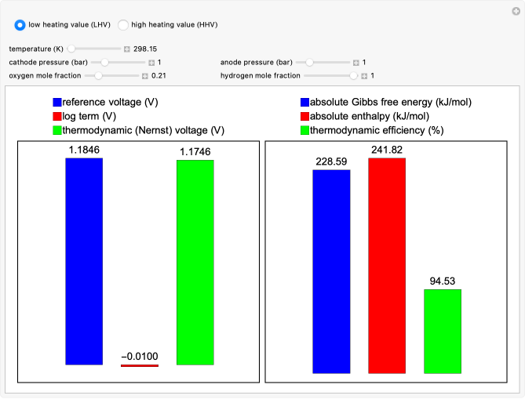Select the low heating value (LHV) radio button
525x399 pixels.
point(20,25)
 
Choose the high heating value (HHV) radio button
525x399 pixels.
point(123,25)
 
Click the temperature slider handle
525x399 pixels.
point(71,49)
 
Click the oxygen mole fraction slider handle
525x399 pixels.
point(99,76)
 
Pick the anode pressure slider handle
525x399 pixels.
point(310,62)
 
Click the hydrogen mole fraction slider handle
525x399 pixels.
point(354,76)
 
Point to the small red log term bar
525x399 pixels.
point(140,365)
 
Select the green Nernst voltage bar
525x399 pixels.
point(195,262)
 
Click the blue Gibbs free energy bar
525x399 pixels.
point(331,271)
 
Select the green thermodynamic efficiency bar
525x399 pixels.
point(443,331)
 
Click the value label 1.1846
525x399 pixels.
point(84,150)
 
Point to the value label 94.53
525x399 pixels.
point(443,281)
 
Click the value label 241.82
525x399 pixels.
point(387,149)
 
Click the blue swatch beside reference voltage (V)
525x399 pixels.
point(57,103)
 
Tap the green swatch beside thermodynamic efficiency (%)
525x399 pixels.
point(304,130)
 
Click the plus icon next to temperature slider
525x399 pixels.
point(126,49)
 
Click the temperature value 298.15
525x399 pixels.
point(147,49)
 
